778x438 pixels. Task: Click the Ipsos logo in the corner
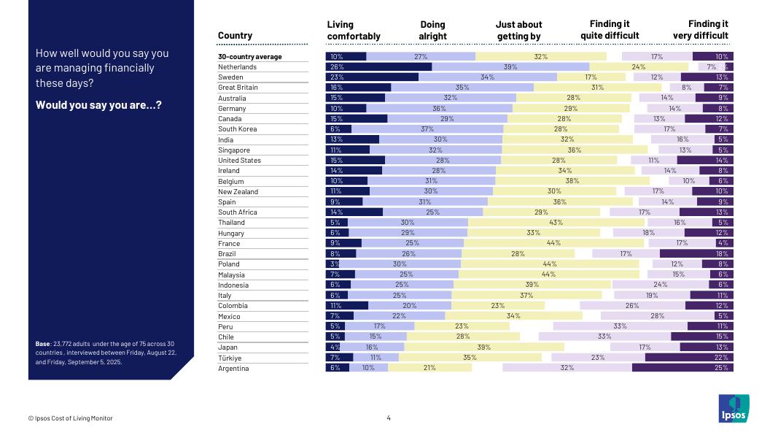(733, 408)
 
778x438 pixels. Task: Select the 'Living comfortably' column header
(354, 30)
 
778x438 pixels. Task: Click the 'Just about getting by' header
(519, 30)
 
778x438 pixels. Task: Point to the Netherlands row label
(237, 67)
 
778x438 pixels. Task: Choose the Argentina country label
(233, 369)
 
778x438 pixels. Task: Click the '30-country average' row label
(249, 57)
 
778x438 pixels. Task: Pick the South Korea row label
(237, 129)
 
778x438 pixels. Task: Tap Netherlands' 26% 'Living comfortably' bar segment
(378, 67)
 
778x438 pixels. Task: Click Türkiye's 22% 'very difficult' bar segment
(689, 358)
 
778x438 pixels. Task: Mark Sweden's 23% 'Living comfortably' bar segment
(372, 77)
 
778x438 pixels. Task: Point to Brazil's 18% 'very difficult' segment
(696, 254)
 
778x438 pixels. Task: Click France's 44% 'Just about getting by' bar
(554, 243)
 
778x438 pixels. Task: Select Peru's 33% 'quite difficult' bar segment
(620, 326)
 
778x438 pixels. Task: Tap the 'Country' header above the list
(235, 36)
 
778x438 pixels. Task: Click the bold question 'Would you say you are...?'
(98, 105)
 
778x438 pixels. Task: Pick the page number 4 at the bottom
(389, 418)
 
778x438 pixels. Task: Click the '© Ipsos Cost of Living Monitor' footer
(71, 418)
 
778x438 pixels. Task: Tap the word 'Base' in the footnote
(42, 343)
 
